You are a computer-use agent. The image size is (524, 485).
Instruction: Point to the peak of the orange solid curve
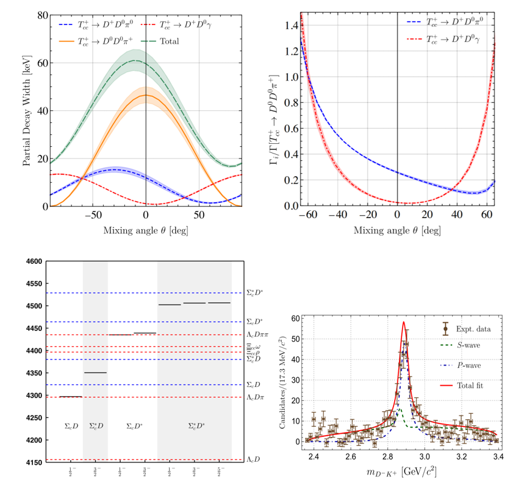[146, 95]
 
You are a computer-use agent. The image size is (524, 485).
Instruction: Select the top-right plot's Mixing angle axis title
[397, 232]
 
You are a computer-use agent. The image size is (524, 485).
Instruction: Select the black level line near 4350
[95, 372]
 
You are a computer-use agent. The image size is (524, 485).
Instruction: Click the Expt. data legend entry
[474, 328]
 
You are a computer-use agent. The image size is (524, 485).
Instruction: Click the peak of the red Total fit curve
[404, 322]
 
